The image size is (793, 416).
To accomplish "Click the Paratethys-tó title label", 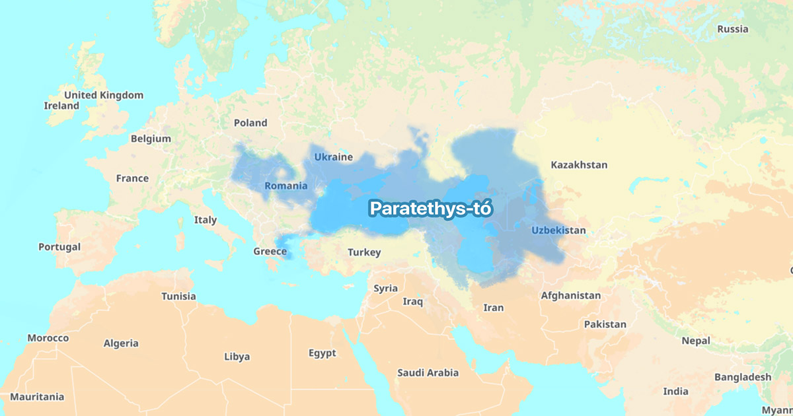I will (432, 209).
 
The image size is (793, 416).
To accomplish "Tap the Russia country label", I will (733, 29).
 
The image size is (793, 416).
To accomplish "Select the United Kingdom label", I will (103, 95).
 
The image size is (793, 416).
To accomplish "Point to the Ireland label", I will (61, 106).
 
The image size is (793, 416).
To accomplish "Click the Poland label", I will (250, 123).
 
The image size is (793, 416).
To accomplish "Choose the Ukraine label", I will (333, 157).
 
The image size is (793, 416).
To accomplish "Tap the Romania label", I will (286, 186).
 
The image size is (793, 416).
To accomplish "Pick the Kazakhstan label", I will (579, 165).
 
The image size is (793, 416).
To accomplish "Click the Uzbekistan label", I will (558, 230).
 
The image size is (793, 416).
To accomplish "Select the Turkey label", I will (364, 252).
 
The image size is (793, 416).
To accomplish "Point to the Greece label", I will (270, 252).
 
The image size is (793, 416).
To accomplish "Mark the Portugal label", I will (59, 247).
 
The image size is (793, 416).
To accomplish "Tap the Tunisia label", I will (178, 296).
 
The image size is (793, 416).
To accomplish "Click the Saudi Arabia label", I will (428, 373).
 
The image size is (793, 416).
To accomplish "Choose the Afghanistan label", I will (571, 296).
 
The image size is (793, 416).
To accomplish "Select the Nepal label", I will (696, 341).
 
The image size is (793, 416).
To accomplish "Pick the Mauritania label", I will (37, 397).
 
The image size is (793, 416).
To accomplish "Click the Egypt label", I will (322, 353).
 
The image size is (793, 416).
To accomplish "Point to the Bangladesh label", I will (742, 377).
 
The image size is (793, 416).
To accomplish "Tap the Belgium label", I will (151, 139).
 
